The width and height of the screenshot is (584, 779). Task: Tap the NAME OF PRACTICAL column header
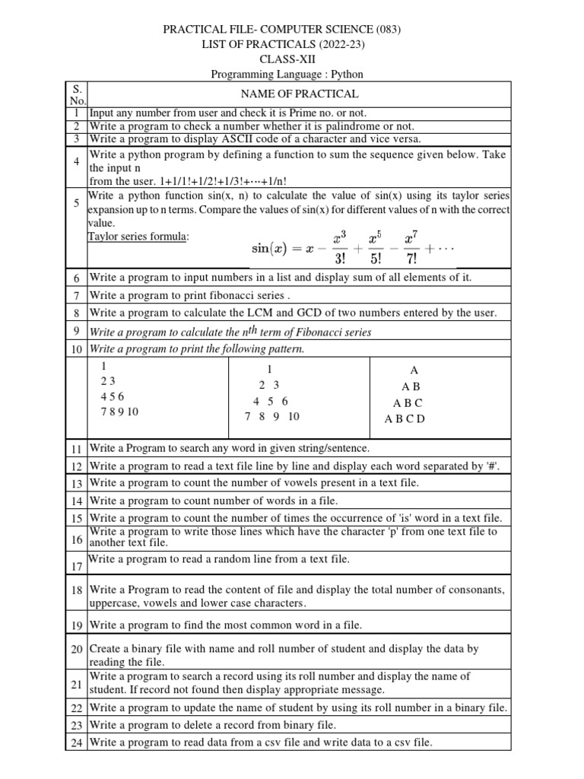(299, 94)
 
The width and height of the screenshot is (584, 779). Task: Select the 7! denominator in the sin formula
(410, 259)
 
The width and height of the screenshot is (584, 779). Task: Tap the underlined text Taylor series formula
(138, 237)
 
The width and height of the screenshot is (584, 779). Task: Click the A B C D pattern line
(405, 418)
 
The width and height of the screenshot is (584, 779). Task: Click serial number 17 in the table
(77, 567)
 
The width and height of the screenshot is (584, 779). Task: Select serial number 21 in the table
(77, 684)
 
